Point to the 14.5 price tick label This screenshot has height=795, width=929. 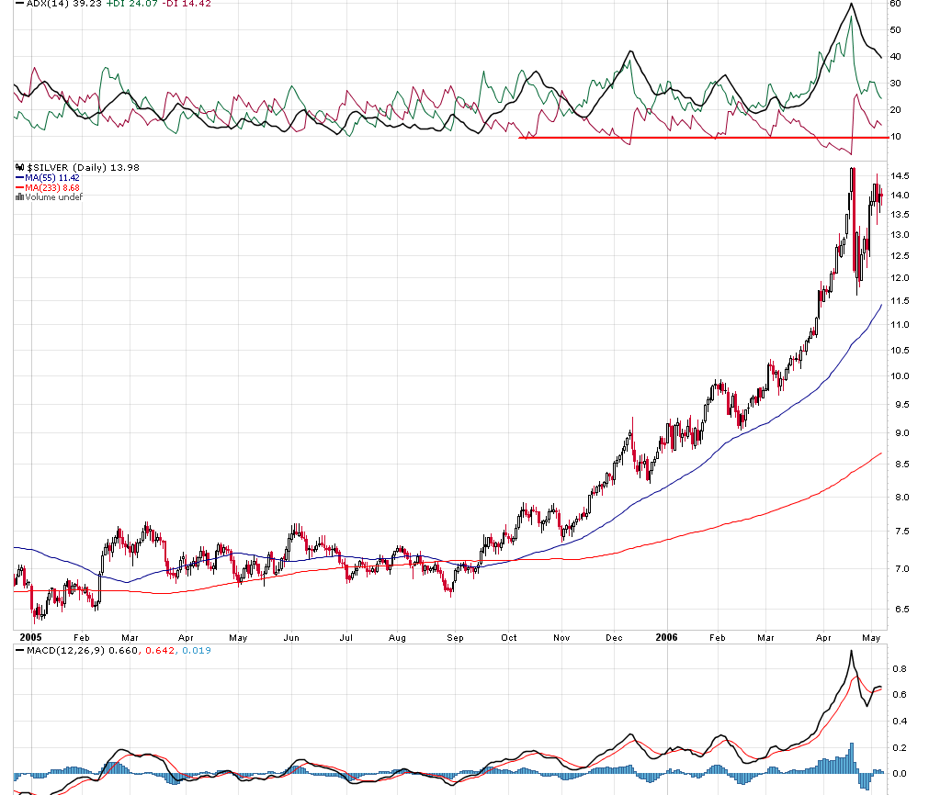point(900,176)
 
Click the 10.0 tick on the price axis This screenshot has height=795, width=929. point(900,376)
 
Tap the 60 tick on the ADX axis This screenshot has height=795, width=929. point(896,4)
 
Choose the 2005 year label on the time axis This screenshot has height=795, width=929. point(31,635)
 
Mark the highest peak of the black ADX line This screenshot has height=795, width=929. point(852,5)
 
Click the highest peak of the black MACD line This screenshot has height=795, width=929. point(851,651)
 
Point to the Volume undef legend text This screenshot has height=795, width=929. point(53,197)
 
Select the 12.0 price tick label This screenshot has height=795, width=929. point(900,278)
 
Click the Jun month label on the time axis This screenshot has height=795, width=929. point(291,636)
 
